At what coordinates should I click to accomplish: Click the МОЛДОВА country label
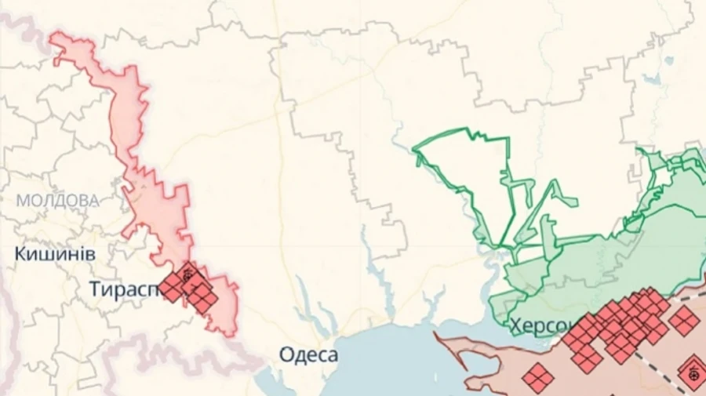coord(58,201)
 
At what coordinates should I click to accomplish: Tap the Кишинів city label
coord(55,254)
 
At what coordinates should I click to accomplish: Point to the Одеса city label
coord(309,355)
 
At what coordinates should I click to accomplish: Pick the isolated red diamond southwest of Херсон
coord(538,378)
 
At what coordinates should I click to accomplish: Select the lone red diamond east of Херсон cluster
coord(683,320)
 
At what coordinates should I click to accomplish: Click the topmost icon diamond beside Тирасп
coord(187,274)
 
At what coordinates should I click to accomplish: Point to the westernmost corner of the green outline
coord(413,147)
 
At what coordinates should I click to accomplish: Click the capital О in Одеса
coord(286,355)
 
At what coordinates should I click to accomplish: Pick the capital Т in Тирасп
coord(94,289)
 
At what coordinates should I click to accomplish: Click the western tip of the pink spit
coord(437,337)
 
